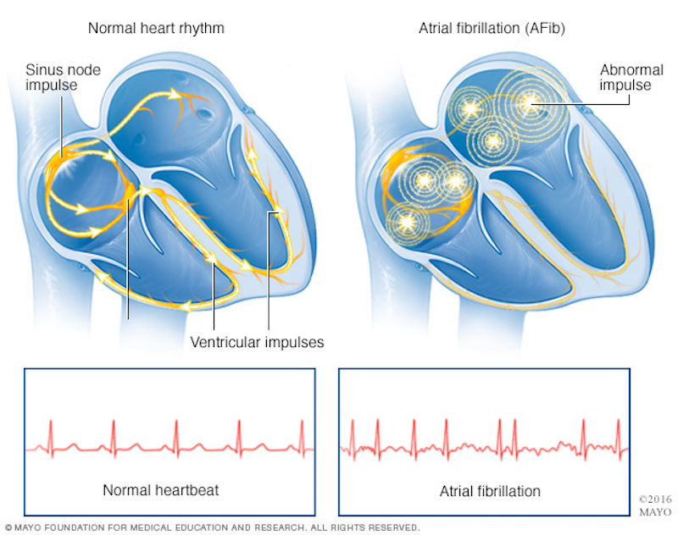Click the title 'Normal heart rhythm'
click(156, 29)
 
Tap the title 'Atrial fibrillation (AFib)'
click(492, 29)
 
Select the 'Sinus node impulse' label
click(63, 77)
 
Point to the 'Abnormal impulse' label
click(631, 77)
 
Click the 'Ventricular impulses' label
click(257, 343)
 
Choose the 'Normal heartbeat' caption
click(160, 490)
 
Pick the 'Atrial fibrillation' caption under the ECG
click(490, 491)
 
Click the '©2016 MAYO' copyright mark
click(655, 505)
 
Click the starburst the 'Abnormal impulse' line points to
click(530, 102)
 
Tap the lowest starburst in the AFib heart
click(407, 223)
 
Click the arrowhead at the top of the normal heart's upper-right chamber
click(175, 94)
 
